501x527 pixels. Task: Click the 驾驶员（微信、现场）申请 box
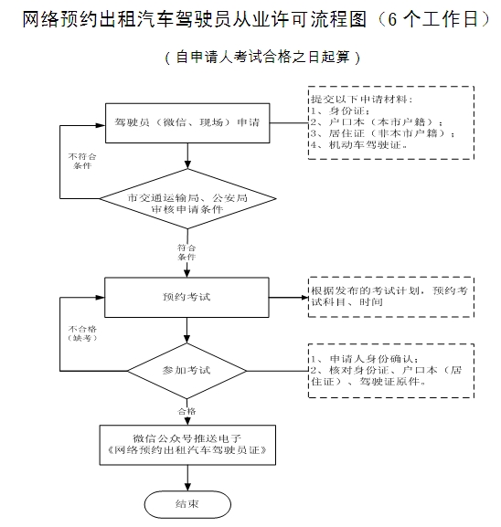tap(187, 123)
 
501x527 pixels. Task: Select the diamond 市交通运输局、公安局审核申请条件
tap(187, 198)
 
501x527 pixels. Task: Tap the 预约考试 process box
tap(187, 297)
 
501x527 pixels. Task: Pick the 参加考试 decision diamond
tap(187, 371)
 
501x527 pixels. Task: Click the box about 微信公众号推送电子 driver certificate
tap(187, 445)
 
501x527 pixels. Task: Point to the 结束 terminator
tap(187, 504)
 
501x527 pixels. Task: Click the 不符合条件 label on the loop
tap(82, 161)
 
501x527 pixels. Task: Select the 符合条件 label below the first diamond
tap(187, 252)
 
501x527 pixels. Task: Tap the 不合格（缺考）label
tap(82, 333)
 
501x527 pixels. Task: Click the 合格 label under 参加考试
tap(187, 411)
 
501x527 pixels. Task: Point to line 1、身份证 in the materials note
tap(340, 111)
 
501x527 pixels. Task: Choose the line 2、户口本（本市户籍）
tap(376, 122)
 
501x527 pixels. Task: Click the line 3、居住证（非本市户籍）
tap(382, 133)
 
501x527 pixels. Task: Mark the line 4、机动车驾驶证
tap(358, 145)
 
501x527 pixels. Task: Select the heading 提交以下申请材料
tap(362, 100)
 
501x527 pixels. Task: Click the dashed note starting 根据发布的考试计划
tap(391, 297)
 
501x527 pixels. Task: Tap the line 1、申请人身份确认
tap(365, 359)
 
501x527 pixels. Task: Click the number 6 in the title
tap(392, 19)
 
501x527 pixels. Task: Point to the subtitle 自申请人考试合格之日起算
tap(262, 57)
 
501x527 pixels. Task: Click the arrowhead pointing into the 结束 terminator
tap(187, 487)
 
